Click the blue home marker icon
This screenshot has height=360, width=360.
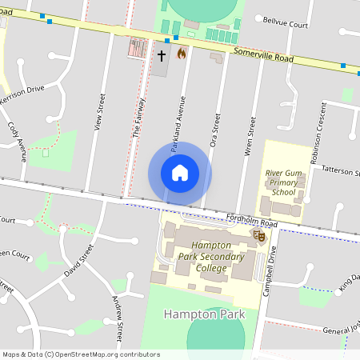click(x=180, y=173)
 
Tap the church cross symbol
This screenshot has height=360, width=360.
click(x=161, y=55)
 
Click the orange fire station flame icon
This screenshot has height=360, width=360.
click(x=182, y=54)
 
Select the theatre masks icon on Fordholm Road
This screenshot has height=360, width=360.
click(x=258, y=235)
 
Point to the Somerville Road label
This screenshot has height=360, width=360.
click(x=264, y=55)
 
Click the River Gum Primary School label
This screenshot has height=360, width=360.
click(x=283, y=182)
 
